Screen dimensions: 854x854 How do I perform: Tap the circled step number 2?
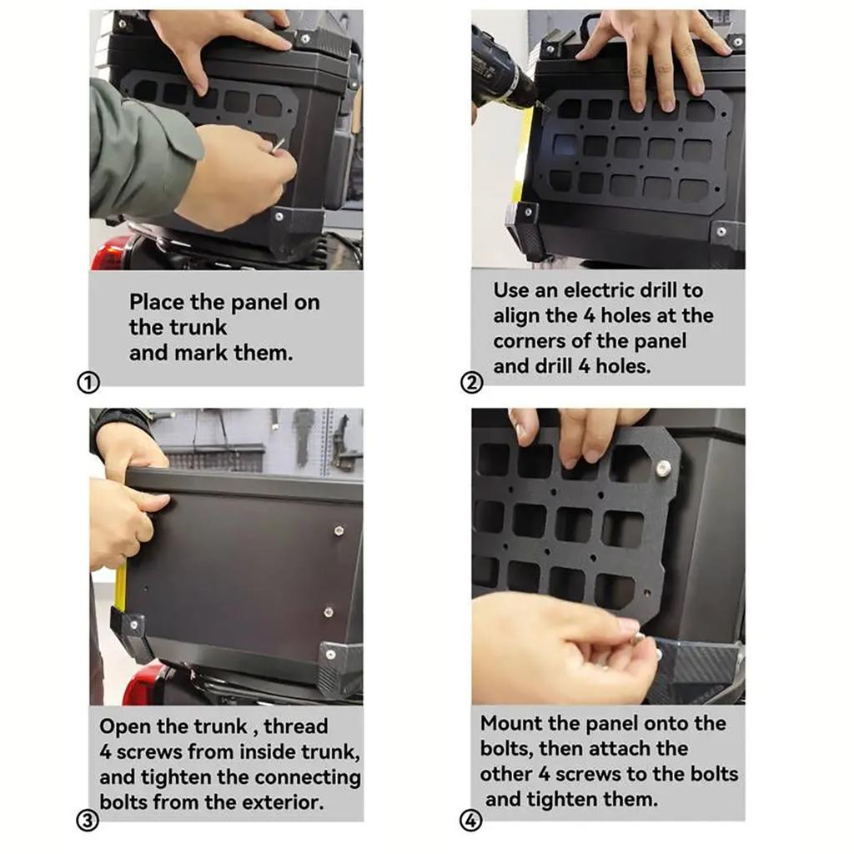point(471,383)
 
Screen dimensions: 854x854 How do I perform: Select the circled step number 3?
point(89,820)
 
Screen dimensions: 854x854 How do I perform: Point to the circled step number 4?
point(471,821)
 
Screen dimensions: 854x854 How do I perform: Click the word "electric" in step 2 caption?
point(598,291)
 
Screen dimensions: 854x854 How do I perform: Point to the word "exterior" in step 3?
point(284,802)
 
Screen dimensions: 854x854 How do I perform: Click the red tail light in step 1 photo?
point(109,253)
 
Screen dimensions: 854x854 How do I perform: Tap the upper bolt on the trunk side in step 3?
point(339,530)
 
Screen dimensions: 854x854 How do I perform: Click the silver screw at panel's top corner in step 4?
point(663,468)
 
